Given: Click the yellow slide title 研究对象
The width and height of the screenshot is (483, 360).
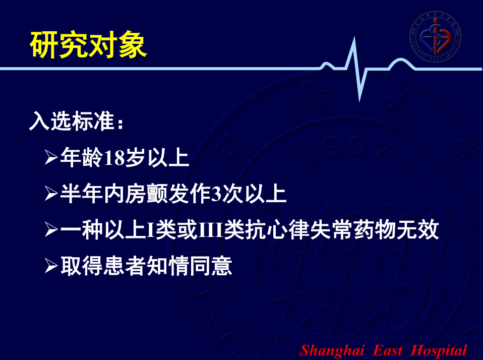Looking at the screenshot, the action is [88, 45].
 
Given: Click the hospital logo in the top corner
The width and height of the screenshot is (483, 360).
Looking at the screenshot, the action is [435, 36].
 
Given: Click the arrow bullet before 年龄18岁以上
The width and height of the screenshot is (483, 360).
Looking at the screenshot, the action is [51, 157].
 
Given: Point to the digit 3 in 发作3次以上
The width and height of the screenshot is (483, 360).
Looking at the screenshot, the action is [217, 194].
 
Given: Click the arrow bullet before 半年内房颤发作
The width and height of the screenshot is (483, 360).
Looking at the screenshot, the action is [51, 194].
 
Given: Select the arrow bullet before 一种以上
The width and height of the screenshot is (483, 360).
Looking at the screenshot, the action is [51, 230].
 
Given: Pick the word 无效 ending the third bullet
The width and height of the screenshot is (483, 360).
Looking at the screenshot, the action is [417, 230].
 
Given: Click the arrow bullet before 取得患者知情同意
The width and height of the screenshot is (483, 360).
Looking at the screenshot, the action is [51, 266].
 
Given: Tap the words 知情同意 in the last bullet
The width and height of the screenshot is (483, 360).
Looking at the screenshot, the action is [190, 266].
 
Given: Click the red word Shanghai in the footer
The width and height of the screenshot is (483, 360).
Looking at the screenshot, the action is [332, 351].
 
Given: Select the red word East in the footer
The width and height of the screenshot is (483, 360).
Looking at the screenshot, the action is [388, 350].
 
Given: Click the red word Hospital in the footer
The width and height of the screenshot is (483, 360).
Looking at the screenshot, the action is [439, 351].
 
